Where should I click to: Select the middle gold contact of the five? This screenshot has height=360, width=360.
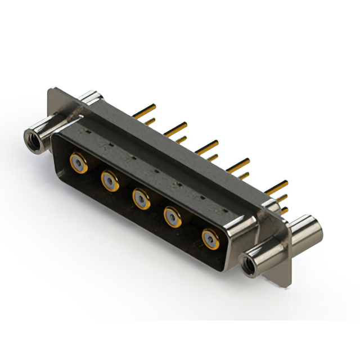pyautogui.click(x=141, y=199)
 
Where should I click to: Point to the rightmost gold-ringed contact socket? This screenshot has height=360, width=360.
pyautogui.click(x=211, y=239)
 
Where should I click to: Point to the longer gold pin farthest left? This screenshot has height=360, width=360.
pyautogui.click(x=145, y=109)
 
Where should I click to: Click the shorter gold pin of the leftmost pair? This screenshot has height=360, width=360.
pyautogui.click(x=149, y=120)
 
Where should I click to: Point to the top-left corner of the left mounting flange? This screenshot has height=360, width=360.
pyautogui.click(x=51, y=88)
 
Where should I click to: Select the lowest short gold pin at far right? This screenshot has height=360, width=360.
pyautogui.click(x=284, y=210)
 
